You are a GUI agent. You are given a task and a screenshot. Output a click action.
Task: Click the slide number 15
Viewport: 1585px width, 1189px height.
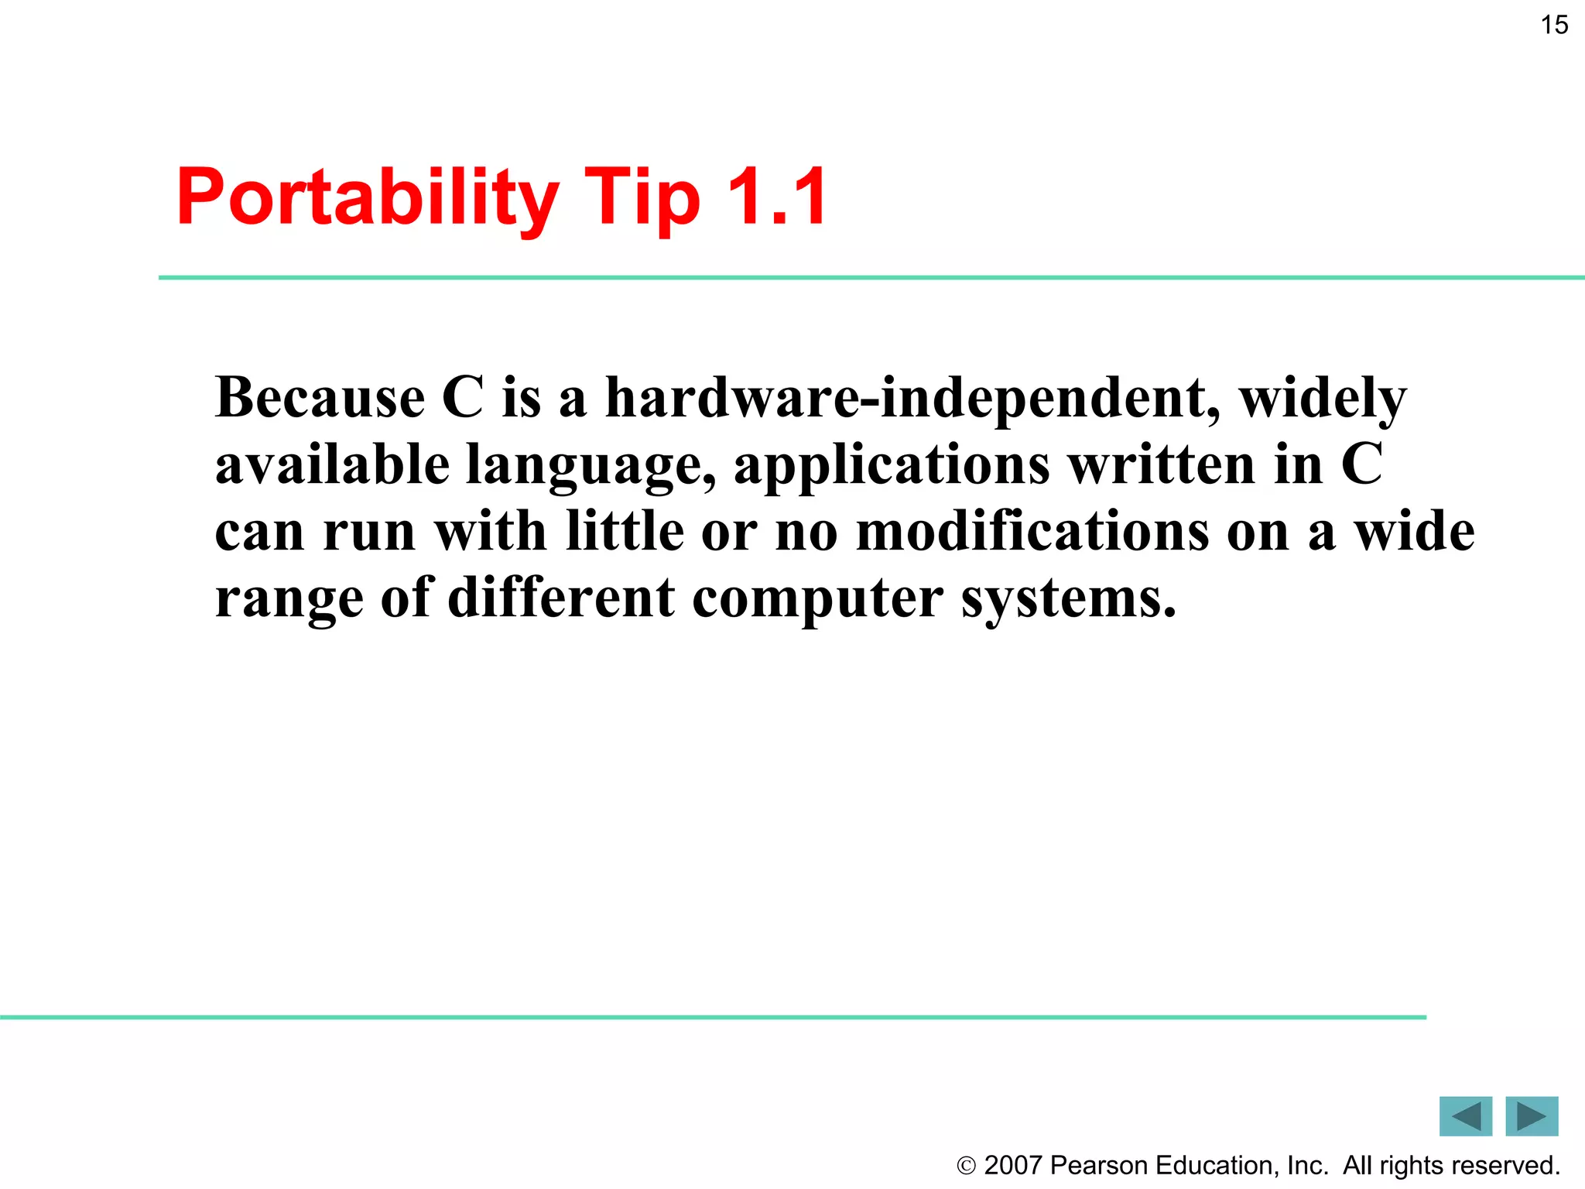click(x=1554, y=25)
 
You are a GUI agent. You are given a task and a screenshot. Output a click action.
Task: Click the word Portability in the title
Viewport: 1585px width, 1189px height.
click(x=367, y=198)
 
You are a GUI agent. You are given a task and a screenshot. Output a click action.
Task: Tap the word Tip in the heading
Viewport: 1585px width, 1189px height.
click(x=642, y=198)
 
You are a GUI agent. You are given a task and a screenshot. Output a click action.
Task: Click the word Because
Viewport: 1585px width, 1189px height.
click(x=320, y=398)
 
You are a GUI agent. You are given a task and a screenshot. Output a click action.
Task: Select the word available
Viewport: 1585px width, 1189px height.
click(x=332, y=464)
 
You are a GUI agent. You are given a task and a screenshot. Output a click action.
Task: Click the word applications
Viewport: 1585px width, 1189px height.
click(x=892, y=466)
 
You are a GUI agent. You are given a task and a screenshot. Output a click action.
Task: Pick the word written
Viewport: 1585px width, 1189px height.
click(x=1162, y=464)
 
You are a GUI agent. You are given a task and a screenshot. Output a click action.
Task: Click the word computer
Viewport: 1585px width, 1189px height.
click(x=817, y=599)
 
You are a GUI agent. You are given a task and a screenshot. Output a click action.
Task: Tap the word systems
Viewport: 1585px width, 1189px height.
click(x=1068, y=599)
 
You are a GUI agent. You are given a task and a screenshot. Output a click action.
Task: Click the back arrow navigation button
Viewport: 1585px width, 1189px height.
click(x=1465, y=1116)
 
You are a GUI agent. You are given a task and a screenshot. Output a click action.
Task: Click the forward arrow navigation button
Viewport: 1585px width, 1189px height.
click(x=1532, y=1116)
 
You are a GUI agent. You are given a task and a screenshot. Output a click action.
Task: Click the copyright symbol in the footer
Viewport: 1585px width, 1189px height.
click(x=966, y=1166)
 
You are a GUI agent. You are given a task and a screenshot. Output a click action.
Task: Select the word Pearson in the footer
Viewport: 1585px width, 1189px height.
click(x=1099, y=1166)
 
